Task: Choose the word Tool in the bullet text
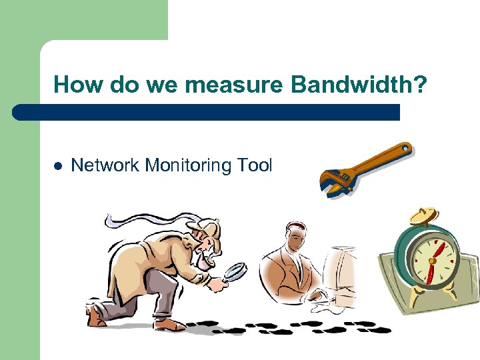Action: [x=255, y=165]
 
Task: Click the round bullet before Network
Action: [x=57, y=165]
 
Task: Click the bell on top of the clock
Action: [x=424, y=215]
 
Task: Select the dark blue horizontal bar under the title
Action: [x=207, y=112]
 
